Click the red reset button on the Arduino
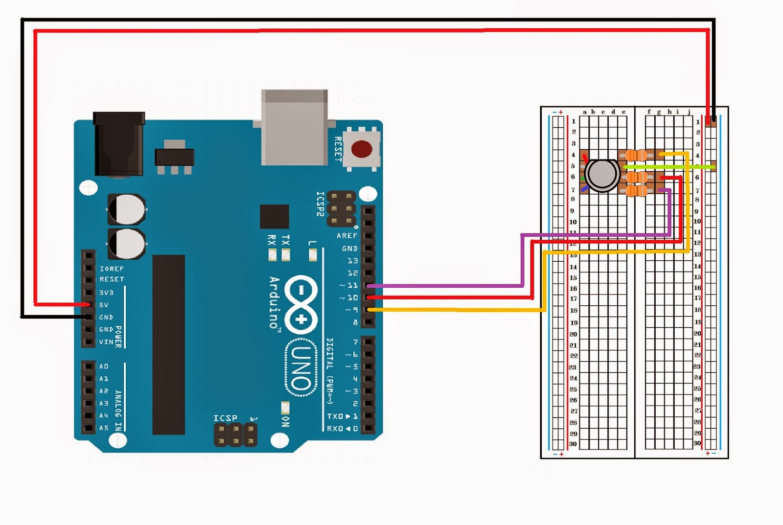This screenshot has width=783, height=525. pyautogui.click(x=362, y=149)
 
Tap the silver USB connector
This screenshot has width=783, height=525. pyautogui.click(x=295, y=127)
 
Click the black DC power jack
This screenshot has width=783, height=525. pyautogui.click(x=119, y=144)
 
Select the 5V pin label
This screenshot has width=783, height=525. pyautogui.click(x=104, y=305)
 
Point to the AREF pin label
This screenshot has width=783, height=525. pyautogui.click(x=346, y=236)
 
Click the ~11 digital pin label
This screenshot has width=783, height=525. pyautogui.click(x=349, y=285)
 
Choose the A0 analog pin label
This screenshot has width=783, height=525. pyautogui.click(x=104, y=366)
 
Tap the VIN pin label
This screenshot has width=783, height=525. pyautogui.click(x=106, y=342)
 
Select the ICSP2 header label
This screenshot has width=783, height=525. pyautogui.click(x=320, y=204)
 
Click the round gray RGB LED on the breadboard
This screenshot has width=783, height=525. pyautogui.click(x=601, y=174)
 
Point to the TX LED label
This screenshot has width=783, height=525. pyautogui.click(x=286, y=240)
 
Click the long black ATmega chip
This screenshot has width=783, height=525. pyautogui.click(x=168, y=344)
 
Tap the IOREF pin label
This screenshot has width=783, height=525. pyautogui.click(x=112, y=269)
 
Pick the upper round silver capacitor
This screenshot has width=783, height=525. pyautogui.click(x=126, y=209)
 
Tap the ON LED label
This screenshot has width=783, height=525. pyautogui.click(x=286, y=421)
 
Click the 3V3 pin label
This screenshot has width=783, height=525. pyautogui.click(x=106, y=293)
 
